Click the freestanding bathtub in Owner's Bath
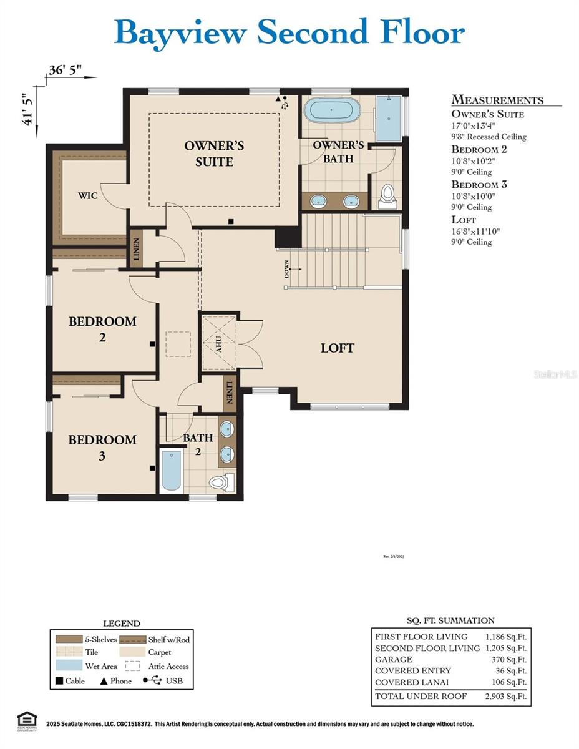pyautogui.click(x=332, y=110)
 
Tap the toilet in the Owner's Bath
pyautogui.click(x=387, y=193)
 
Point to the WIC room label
pyautogui.click(x=87, y=195)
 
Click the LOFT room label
pyautogui.click(x=338, y=348)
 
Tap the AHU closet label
pyautogui.click(x=219, y=344)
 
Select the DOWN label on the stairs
pyautogui.click(x=287, y=270)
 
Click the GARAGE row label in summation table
pyautogui.click(x=394, y=659)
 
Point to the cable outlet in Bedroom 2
pyautogui.click(x=152, y=344)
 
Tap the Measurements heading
pyautogui.click(x=497, y=100)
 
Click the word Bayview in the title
pyautogui.click(x=181, y=32)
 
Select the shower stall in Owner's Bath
pyautogui.click(x=387, y=119)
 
